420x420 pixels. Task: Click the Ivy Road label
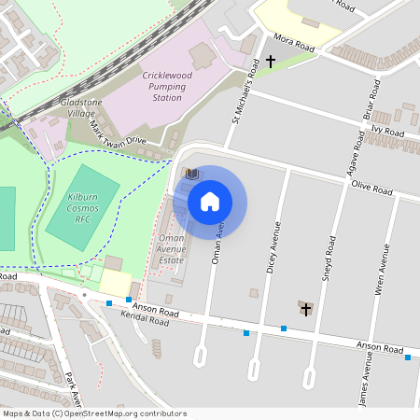point(386,133)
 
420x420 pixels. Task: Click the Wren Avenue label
point(381,271)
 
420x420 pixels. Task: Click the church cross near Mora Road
point(271,62)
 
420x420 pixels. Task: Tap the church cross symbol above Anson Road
point(305,307)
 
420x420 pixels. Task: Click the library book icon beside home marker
point(191,174)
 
